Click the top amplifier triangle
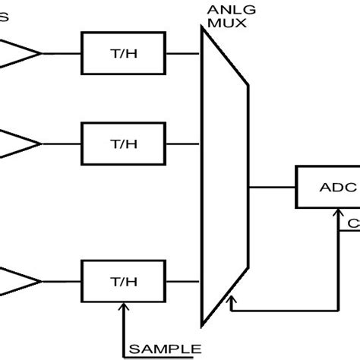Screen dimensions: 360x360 click(x=19, y=52)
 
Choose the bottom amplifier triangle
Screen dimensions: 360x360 click(x=19, y=279)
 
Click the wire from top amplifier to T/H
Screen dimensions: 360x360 click(x=62, y=52)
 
